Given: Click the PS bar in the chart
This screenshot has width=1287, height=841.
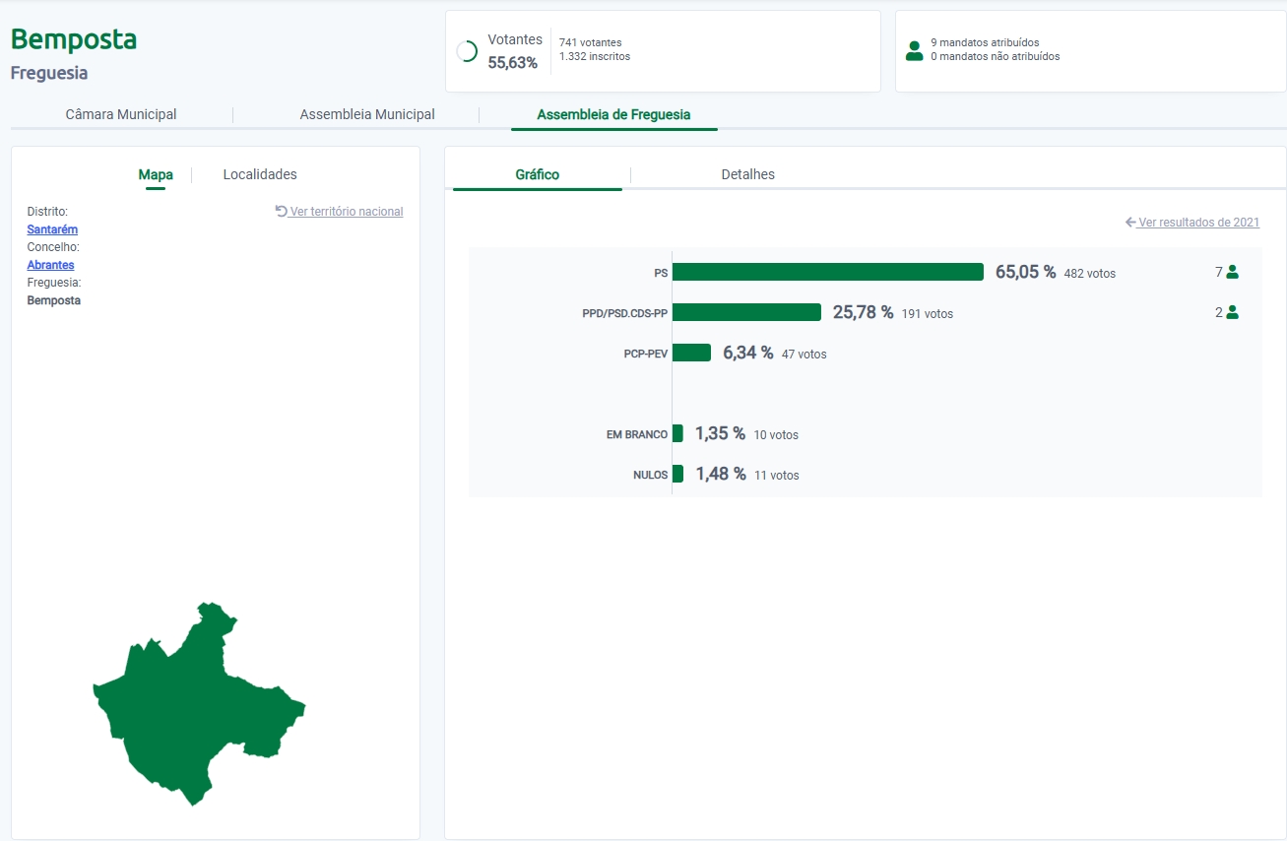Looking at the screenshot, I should click(827, 272).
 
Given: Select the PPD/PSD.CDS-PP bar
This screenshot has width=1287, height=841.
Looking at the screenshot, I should click(746, 312).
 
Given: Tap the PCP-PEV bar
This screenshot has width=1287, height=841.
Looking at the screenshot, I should click(691, 353).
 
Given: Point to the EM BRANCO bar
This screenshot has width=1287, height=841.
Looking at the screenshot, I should click(677, 433).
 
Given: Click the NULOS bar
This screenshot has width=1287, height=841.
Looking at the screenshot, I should click(677, 474).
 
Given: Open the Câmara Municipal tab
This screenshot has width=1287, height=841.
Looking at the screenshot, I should click(121, 114).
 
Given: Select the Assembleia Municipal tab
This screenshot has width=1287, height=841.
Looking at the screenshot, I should click(367, 114).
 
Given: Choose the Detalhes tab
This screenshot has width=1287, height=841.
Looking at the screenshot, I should click(747, 174).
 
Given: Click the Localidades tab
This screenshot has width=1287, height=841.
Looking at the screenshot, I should click(260, 174).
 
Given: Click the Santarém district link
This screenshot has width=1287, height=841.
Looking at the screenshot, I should click(52, 229).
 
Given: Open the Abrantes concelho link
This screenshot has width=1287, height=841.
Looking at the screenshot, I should click(50, 265).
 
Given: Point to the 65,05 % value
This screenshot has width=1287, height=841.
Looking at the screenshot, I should click(1025, 272).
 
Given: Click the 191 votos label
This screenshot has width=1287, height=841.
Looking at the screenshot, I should click(928, 314).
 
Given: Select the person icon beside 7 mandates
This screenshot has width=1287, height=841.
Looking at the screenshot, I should click(1232, 273).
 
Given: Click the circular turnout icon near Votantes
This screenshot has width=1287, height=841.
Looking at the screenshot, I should click(467, 52).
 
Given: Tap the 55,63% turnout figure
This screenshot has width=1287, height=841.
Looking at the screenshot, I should click(513, 63).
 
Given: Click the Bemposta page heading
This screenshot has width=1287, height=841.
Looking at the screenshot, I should click(74, 39).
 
